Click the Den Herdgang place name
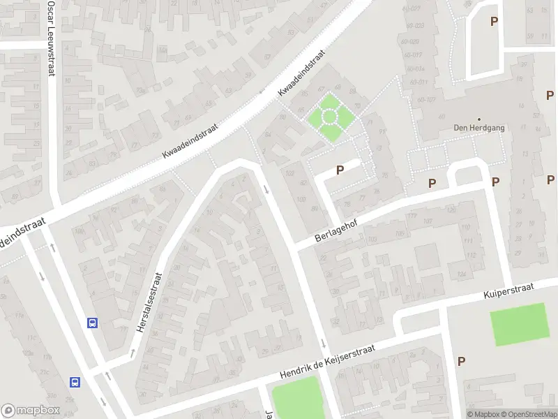479,128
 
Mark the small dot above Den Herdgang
479,119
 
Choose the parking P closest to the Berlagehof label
340,169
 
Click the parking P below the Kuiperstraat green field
461,361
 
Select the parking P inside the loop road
494,21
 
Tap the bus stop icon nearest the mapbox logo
75,382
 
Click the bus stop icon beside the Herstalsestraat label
91,323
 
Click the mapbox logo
31,411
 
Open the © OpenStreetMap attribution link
529,414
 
